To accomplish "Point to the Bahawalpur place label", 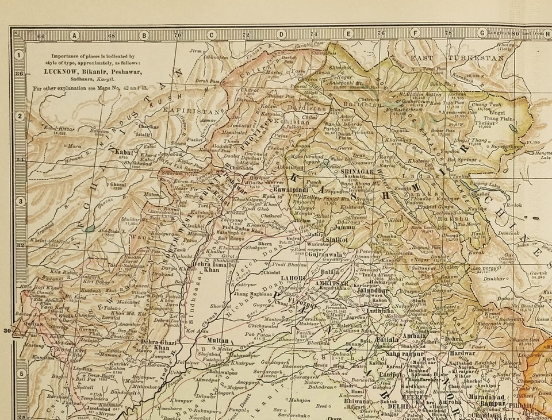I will pyautogui.click(x=209, y=372).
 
